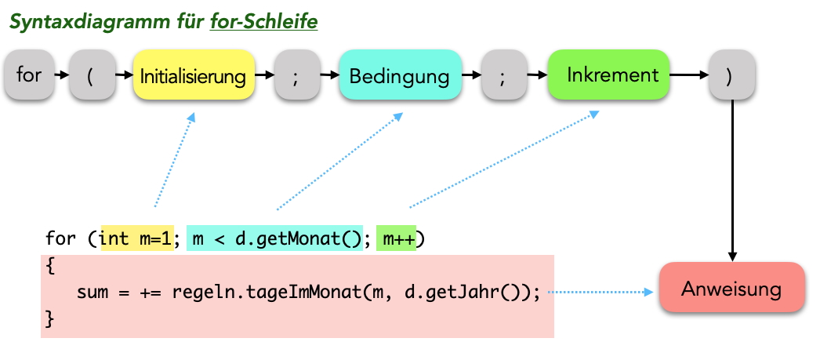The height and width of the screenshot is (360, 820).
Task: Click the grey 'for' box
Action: point(29,75)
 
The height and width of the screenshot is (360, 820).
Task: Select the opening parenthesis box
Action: point(92,75)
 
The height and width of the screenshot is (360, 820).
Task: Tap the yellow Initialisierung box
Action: point(193,76)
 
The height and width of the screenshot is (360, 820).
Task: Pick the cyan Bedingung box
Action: point(400,76)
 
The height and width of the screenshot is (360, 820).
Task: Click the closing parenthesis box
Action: point(731,75)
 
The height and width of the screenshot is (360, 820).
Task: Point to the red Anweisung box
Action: point(731,289)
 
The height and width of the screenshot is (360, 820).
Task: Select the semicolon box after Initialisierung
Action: point(296,76)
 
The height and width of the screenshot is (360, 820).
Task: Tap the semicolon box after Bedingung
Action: point(504,76)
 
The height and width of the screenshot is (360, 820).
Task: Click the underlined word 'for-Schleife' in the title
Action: point(264,22)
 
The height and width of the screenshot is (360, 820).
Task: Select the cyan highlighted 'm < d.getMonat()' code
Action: point(274,238)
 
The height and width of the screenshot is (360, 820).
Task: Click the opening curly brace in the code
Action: point(50,266)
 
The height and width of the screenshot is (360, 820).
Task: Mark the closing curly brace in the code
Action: point(50,319)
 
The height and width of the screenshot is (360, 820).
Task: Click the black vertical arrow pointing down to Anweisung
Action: point(732,180)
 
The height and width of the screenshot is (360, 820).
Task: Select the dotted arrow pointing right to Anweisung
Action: point(600,293)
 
